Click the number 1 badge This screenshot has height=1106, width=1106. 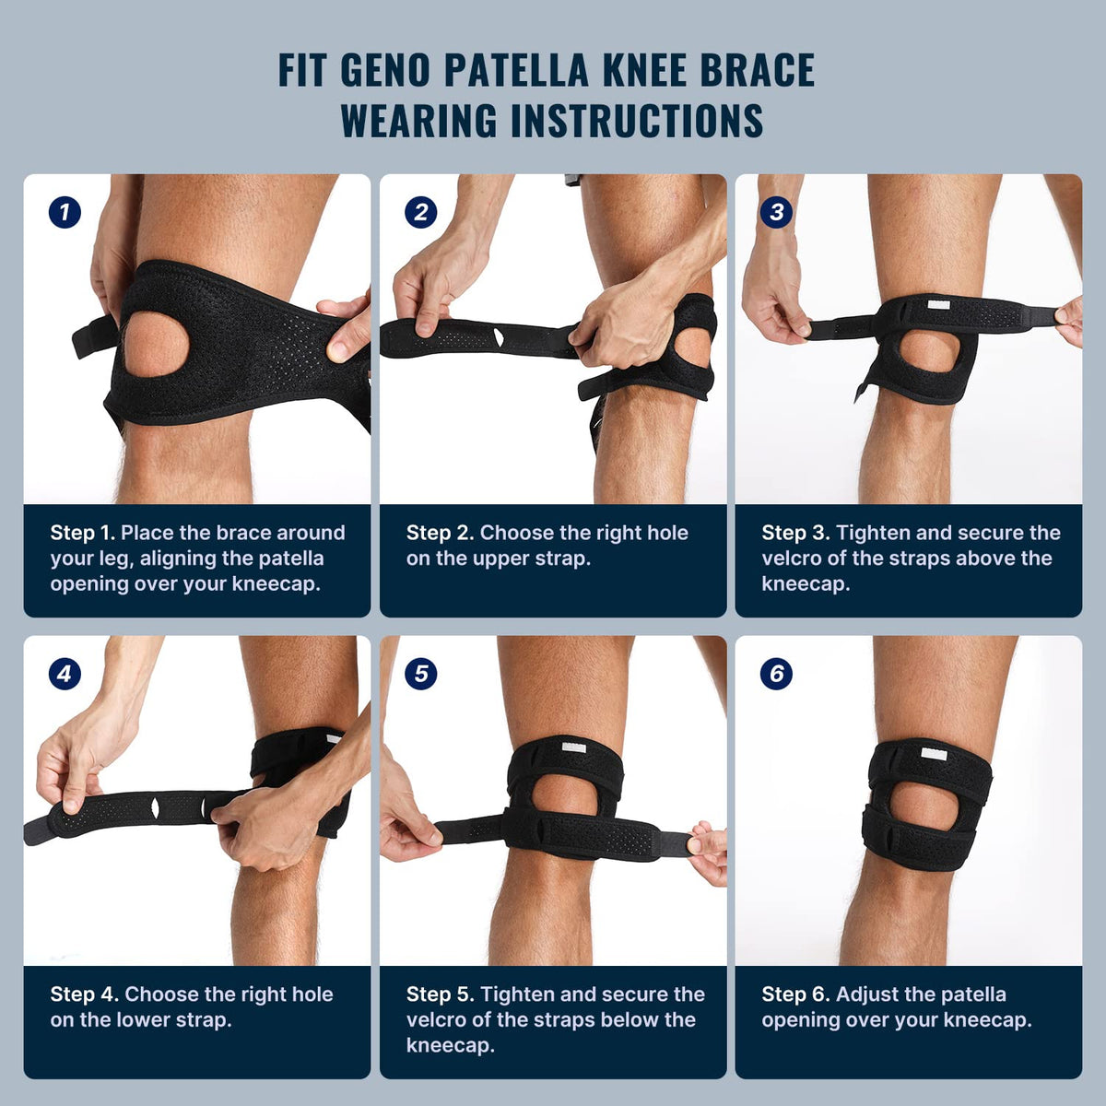pyautogui.click(x=65, y=213)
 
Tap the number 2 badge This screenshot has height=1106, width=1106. pyautogui.click(x=420, y=213)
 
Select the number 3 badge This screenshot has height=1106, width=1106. pyautogui.click(x=776, y=213)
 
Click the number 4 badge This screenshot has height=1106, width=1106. pyautogui.click(x=65, y=674)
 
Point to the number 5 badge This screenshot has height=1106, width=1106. pyautogui.click(x=420, y=674)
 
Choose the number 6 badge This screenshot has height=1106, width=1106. pyautogui.click(x=776, y=674)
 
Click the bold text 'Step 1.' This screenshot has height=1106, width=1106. pyautogui.click(x=83, y=533)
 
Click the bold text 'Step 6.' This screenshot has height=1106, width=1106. pyautogui.click(x=795, y=994)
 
